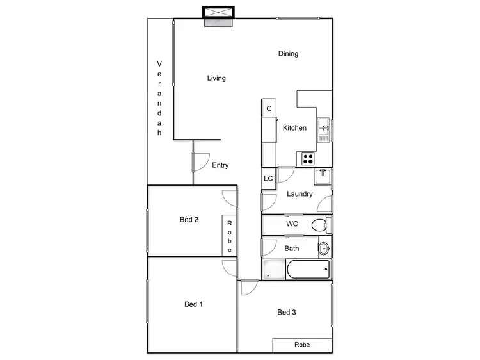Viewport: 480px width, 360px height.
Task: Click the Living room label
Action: coord(216,78)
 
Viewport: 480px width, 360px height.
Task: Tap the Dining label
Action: coord(288,54)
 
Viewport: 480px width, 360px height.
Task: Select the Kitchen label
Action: coord(295,128)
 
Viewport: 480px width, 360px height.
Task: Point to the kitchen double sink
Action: coord(324,129)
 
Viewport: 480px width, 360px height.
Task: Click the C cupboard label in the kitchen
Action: coord(269,109)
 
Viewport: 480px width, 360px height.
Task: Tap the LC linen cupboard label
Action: coord(269,178)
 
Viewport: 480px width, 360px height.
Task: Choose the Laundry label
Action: coord(300,194)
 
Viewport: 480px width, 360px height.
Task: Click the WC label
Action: coord(292,224)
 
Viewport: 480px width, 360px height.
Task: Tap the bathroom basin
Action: coord(324,247)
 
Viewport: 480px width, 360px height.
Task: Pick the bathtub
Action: coord(308,269)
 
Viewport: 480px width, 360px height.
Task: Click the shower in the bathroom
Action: coord(273,270)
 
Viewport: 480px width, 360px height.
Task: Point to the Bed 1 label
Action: coord(193,304)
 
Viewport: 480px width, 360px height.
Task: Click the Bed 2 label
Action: coord(189,220)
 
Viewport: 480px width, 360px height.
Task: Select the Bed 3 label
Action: coord(287,313)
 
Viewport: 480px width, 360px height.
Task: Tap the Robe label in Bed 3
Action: coord(302,345)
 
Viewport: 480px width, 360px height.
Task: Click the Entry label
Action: coord(220,165)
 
